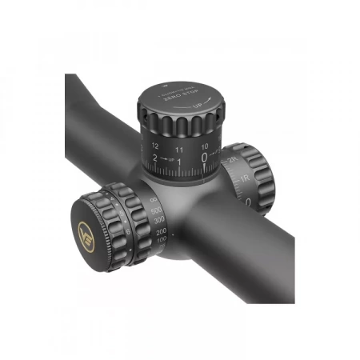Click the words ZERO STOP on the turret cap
click(178, 102)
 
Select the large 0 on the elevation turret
click(205, 158)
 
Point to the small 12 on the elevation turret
click(154, 146)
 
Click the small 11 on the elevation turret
click(179, 149)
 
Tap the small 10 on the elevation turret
click(205, 146)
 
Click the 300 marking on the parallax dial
click(161, 219)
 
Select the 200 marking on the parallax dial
click(162, 230)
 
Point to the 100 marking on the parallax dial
click(162, 239)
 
